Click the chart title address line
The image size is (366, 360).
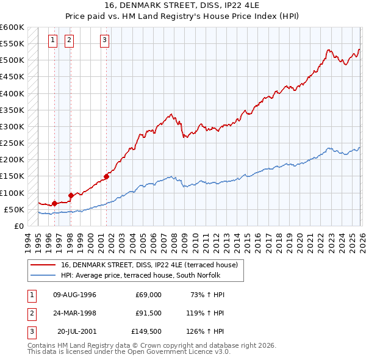(183, 6)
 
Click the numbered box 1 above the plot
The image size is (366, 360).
(53, 40)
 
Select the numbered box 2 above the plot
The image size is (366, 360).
(69, 40)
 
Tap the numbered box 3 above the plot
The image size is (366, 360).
(105, 40)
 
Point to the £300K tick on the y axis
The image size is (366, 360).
(12, 126)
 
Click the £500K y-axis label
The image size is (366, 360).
(12, 60)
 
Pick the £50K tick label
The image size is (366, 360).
(14, 209)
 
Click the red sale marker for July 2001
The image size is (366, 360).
(106, 177)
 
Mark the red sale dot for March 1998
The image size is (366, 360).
(71, 195)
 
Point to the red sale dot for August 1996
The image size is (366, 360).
(54, 203)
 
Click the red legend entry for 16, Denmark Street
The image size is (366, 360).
(152, 264)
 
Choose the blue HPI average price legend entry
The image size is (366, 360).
(143, 275)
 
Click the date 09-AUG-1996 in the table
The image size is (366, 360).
(75, 295)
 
